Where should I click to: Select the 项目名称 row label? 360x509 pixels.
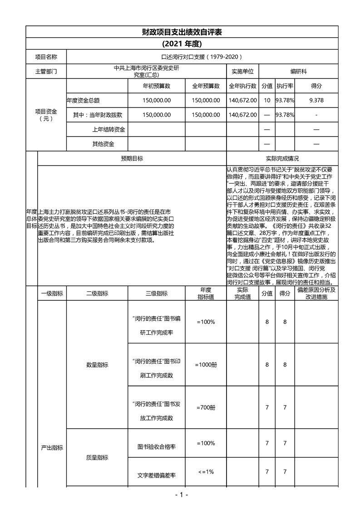[x=46, y=57]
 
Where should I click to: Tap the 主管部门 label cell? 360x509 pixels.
[x=46, y=72]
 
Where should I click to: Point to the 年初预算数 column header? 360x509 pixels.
[x=157, y=86]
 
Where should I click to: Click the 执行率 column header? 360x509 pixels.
[x=285, y=86]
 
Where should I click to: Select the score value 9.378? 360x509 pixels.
[x=316, y=100]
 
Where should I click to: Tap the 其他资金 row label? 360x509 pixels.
[x=103, y=144]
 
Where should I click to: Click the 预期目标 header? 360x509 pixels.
[x=132, y=159]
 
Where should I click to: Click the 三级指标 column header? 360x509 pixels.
[x=157, y=293]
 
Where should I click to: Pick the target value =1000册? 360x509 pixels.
[x=206, y=364]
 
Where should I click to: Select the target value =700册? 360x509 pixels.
[x=206, y=407]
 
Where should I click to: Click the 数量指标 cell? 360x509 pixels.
[x=97, y=364]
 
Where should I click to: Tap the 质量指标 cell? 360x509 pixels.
[x=97, y=458]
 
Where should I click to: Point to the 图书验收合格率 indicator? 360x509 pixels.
[x=157, y=447]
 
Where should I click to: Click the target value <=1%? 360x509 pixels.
[x=206, y=472]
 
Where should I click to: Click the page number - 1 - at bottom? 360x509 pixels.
[x=181, y=494]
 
